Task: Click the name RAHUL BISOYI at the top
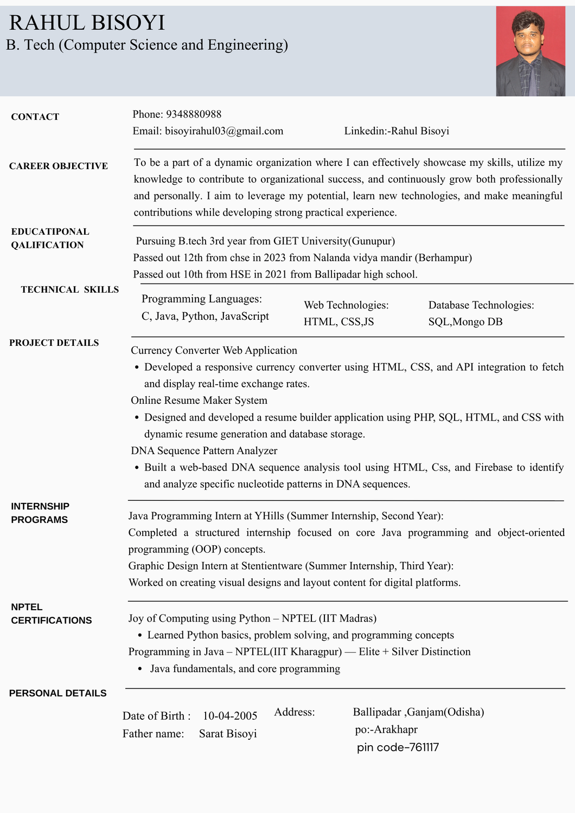tap(87, 23)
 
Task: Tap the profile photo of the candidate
tap(531, 51)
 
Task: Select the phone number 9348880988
tap(194, 114)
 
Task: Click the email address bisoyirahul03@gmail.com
tap(224, 131)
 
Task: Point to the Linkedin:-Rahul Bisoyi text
tap(397, 131)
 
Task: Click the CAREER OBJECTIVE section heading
tap(59, 166)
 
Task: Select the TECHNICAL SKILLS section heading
tap(70, 290)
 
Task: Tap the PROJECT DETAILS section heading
tap(54, 343)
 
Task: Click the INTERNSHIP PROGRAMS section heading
tap(40, 513)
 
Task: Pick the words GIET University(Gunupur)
tap(334, 241)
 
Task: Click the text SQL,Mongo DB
tap(465, 322)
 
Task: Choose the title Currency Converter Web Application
tap(214, 351)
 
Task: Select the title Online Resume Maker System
tap(199, 401)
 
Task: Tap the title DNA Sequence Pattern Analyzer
tap(204, 451)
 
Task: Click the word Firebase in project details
tap(494, 468)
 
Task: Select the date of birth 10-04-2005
tap(230, 716)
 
